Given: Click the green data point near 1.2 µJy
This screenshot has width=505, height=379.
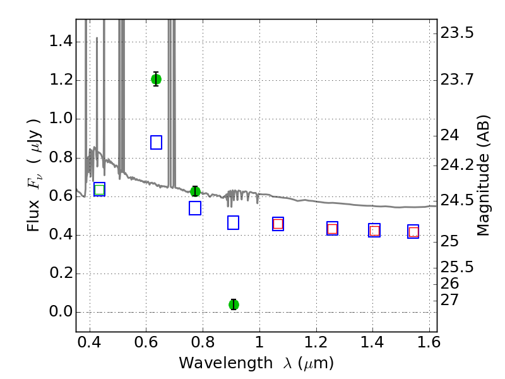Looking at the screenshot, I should (x=156, y=79).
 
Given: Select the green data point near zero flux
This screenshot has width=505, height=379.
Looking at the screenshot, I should (x=234, y=304).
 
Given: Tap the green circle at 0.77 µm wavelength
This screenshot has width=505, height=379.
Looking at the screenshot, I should (x=195, y=191).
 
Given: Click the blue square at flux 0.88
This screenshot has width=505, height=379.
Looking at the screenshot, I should (x=156, y=142).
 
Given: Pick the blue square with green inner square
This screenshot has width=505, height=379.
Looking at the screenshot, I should (x=99, y=189).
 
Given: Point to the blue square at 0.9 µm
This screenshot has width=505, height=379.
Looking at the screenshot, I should (x=233, y=222).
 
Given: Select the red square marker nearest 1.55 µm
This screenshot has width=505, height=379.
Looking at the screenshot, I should (x=413, y=232).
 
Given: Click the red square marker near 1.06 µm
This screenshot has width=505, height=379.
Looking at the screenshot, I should (x=278, y=224).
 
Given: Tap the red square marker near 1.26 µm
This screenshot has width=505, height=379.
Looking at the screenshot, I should (x=332, y=229).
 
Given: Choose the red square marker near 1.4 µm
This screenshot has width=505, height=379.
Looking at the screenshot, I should (x=374, y=231).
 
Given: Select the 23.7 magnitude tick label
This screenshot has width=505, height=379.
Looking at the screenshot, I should (x=456, y=80).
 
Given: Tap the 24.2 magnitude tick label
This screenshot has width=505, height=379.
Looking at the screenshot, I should (x=456, y=165).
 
